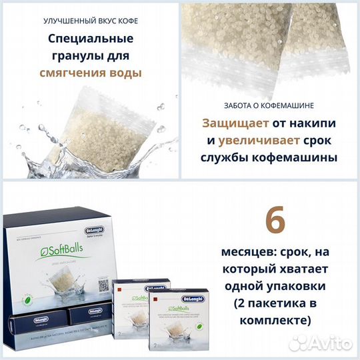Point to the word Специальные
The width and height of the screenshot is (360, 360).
[89, 38]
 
